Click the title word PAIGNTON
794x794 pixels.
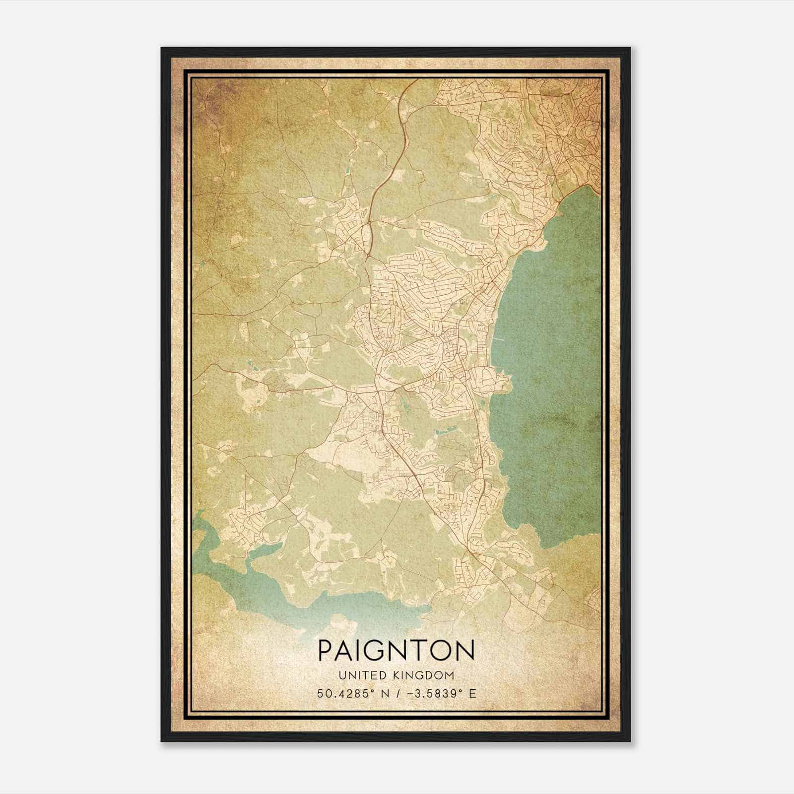[x=396, y=651]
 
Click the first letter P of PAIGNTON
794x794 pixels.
[x=326, y=651]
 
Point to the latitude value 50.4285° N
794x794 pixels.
[x=349, y=693]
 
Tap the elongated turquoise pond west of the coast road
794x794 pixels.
[x=445, y=430]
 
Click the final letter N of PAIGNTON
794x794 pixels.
[x=464, y=651]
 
